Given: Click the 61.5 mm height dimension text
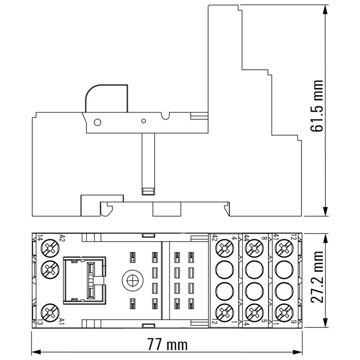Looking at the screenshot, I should click(318, 106).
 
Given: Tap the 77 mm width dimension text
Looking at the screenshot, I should click(167, 345).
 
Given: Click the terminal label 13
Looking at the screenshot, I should click(40, 320).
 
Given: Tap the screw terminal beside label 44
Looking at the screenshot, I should click(255, 248).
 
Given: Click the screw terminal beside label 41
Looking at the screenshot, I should click(284, 248).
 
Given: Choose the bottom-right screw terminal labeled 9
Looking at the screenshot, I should click(284, 310).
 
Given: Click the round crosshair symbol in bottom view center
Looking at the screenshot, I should click(131, 280).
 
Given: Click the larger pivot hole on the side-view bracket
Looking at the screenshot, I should click(96, 122).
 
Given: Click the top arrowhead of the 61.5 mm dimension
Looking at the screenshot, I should click(325, 9).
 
